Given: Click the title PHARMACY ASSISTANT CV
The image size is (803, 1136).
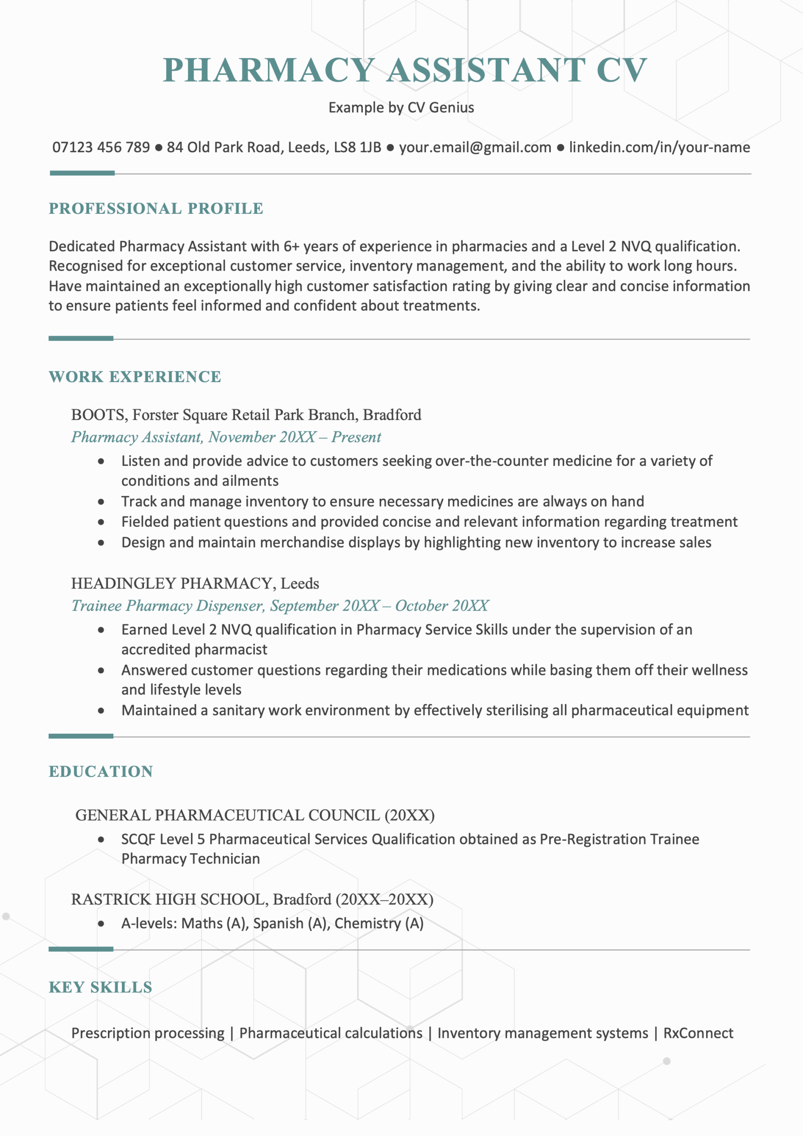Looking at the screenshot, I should point(405,70).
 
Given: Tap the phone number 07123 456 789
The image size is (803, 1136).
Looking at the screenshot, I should point(101,147).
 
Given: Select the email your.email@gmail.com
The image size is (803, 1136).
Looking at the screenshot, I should point(475,147).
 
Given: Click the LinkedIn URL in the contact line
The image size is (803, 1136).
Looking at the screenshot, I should point(659,147).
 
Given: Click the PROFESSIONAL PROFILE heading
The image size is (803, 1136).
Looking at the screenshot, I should point(156,209).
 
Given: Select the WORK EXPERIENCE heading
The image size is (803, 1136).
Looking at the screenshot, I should point(135,377).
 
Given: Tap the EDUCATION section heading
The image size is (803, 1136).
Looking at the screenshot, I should point(100,772).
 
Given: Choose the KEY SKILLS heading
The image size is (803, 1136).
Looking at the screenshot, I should point(100,988).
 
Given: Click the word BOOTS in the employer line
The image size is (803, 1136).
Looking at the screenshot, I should point(99,414).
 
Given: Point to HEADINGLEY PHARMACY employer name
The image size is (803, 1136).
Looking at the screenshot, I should point(173,584).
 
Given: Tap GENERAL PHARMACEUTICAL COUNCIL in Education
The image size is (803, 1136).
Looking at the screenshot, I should point(227,815).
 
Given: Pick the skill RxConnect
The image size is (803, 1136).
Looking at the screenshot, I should point(698,1033).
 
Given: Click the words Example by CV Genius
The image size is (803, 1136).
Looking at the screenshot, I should point(401,108).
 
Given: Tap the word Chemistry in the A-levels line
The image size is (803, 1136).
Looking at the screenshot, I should point(367,924).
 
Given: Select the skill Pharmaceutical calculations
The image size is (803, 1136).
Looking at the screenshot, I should point(331,1033).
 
